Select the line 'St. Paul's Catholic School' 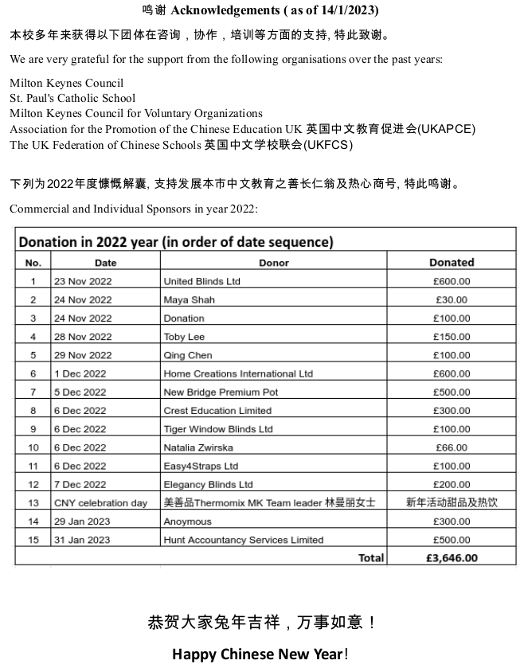[x=72, y=98]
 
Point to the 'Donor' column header [x=274, y=262]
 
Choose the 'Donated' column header [x=452, y=262]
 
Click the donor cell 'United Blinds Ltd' [x=201, y=281]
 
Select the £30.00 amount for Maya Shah [x=452, y=299]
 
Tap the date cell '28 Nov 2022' [x=83, y=337]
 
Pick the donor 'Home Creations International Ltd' [x=238, y=373]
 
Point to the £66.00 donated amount [x=452, y=447]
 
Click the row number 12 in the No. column [x=33, y=484]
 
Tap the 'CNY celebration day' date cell [x=100, y=503]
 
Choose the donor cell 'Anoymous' [x=187, y=522]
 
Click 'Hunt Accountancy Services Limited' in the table [x=243, y=540]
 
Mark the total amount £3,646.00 [x=452, y=557]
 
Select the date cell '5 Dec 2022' [x=80, y=392]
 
